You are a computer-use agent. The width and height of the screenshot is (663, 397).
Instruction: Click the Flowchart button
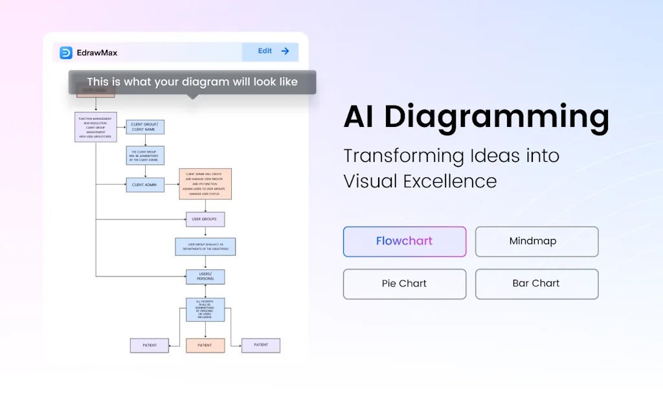point(404,242)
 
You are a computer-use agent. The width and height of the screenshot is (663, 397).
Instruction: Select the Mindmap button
point(536,242)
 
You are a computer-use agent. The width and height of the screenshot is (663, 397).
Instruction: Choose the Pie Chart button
point(404,284)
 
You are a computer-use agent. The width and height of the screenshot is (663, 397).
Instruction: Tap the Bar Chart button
point(536,284)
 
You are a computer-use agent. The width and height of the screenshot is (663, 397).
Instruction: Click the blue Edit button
point(270,52)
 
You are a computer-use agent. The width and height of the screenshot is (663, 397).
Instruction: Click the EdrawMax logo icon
point(65,52)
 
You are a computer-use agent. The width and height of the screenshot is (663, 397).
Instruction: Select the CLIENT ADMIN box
point(145,185)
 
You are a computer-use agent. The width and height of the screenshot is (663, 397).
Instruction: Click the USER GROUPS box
point(205,220)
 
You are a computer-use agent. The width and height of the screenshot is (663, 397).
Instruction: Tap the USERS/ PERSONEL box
point(205,277)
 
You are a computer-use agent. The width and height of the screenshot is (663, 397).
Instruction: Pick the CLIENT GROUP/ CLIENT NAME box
point(145,127)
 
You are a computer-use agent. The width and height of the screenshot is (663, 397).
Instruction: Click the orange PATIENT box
point(205,345)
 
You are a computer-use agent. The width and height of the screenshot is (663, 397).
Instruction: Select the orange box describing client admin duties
point(205,184)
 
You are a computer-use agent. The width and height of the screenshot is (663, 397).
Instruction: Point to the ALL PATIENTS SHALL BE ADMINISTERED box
point(205,310)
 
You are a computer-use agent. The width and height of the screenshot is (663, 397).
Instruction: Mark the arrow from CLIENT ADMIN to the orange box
point(172,185)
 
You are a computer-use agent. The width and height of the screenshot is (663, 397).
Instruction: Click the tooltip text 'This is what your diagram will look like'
point(192,82)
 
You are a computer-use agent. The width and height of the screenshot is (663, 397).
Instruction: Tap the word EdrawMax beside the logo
point(97,52)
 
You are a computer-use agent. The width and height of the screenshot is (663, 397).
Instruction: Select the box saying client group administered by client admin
point(145,155)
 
